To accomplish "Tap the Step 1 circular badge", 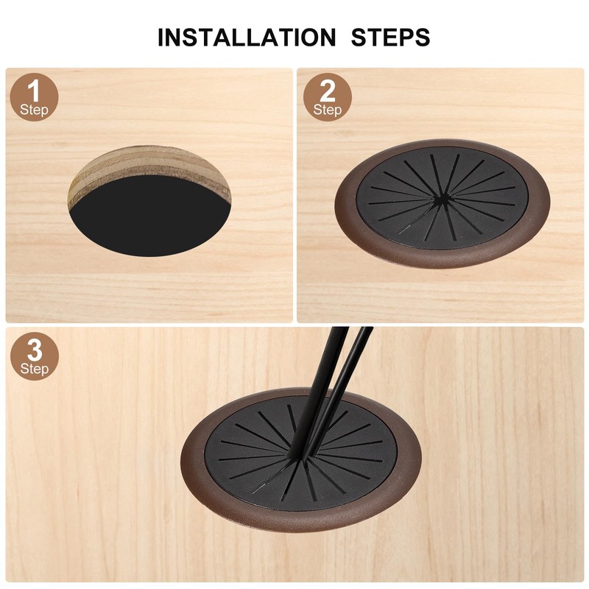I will (x=34, y=98).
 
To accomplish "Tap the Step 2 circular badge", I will (x=328, y=98).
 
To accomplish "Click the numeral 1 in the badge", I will (x=34, y=91).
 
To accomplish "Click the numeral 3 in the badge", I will (x=34, y=348).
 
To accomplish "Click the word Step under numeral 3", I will (x=34, y=367).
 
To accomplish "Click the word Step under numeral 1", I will (x=34, y=110).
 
